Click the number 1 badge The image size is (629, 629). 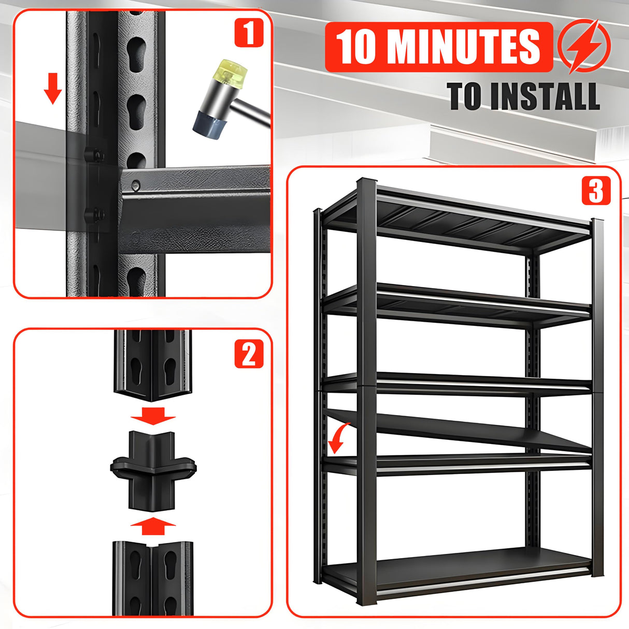pos(249,33)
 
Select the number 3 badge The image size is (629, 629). pos(596,191)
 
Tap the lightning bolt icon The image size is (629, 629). pos(584,46)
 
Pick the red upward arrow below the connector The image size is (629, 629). pos(153,526)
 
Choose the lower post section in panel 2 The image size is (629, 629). pos(153,578)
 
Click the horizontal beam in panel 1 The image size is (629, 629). pos(197,199)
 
